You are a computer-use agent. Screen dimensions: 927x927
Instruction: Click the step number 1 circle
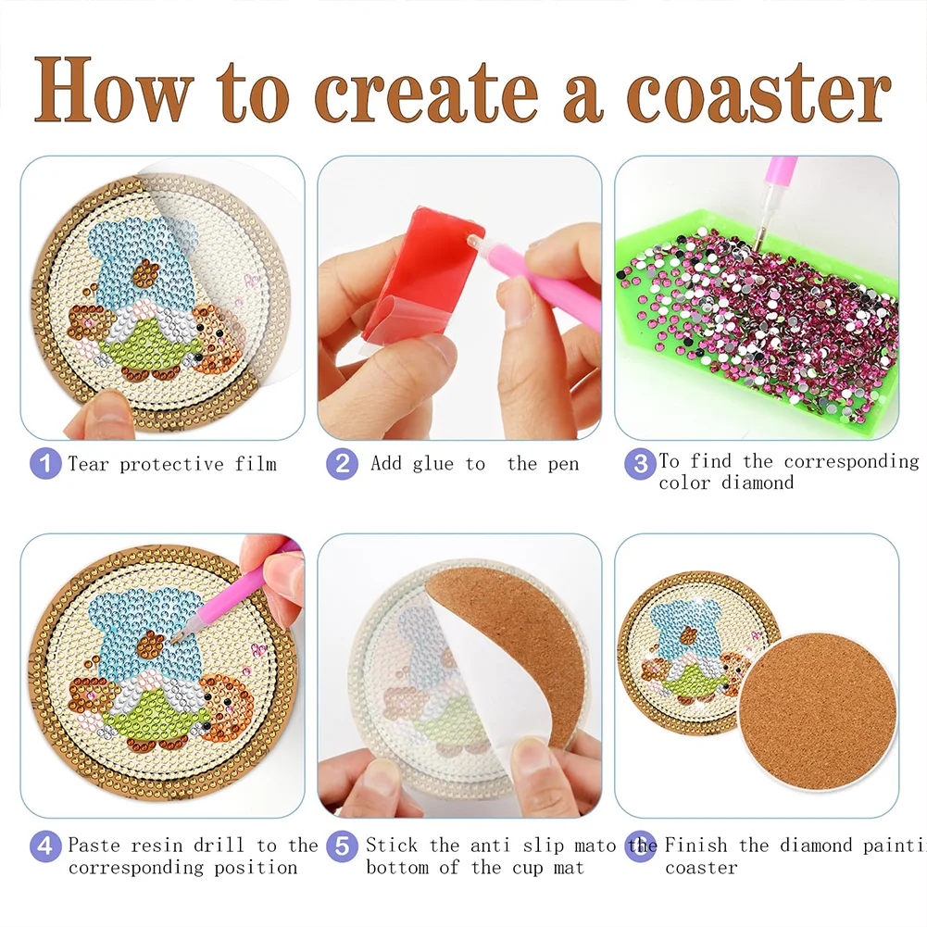click(45, 463)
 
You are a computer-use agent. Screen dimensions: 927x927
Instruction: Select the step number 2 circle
click(342, 463)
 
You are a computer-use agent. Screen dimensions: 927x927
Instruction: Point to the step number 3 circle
click(639, 463)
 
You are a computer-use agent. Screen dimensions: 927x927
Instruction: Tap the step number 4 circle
click(45, 845)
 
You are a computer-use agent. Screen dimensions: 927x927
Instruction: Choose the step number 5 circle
click(342, 845)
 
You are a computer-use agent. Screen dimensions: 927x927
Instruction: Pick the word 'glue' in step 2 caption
click(433, 464)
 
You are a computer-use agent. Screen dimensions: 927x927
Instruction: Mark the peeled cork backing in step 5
click(519, 639)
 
